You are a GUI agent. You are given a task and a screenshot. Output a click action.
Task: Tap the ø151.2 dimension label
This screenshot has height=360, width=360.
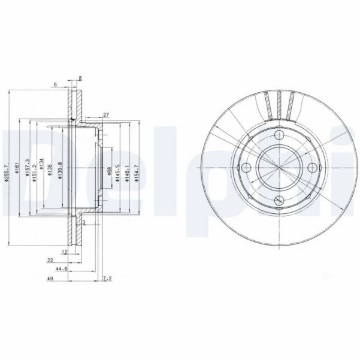[34, 165]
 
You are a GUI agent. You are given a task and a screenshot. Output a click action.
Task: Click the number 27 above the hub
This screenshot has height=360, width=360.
[105, 114]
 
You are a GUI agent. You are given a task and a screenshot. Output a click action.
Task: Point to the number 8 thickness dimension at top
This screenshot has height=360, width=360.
[80, 78]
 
